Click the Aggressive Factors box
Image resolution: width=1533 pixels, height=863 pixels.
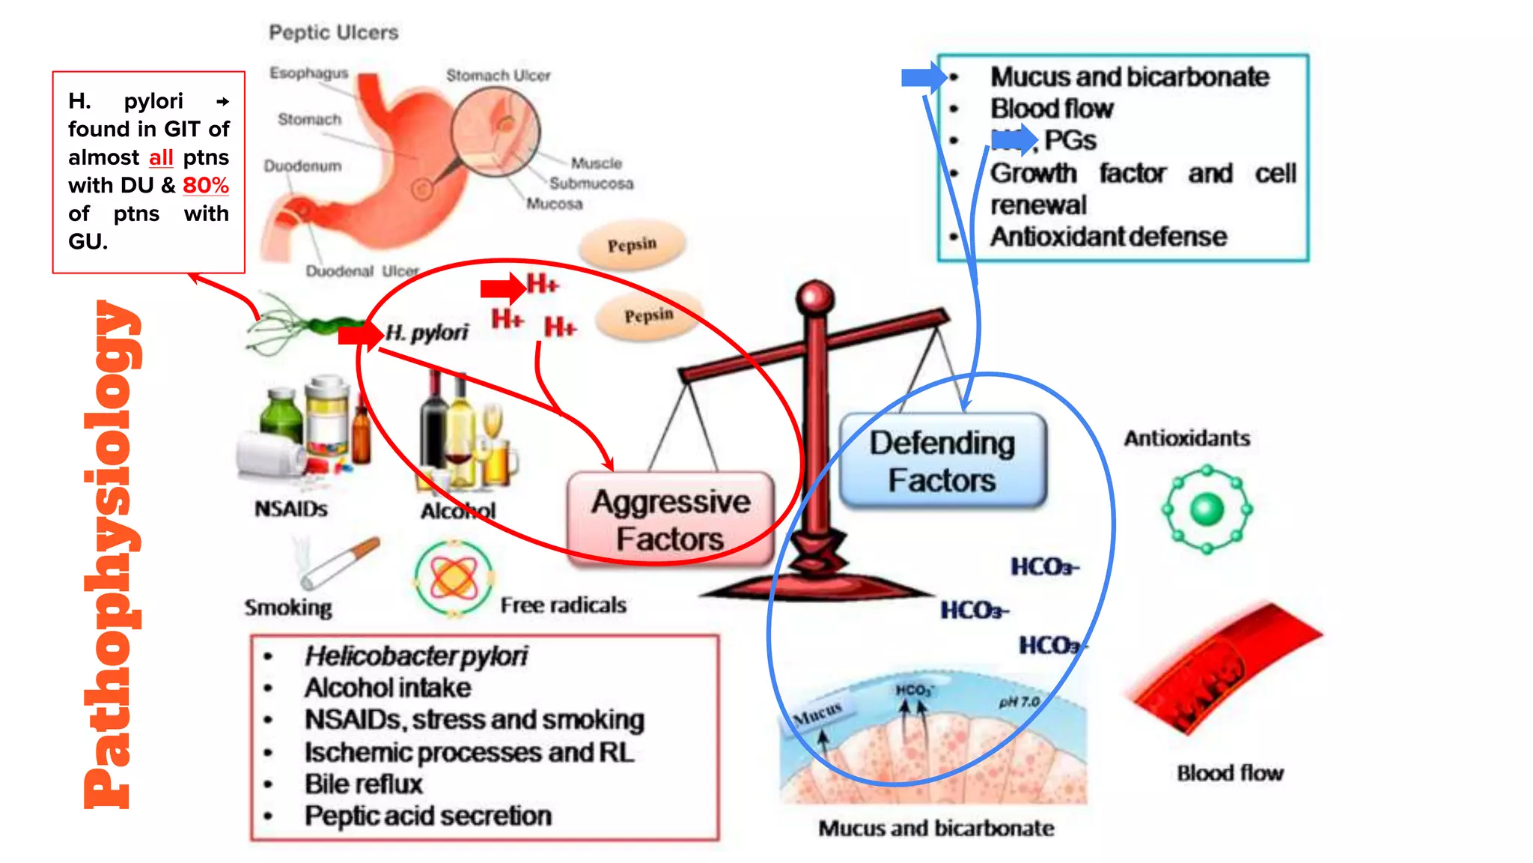coord(670,519)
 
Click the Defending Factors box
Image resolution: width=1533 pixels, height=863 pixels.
coord(942,461)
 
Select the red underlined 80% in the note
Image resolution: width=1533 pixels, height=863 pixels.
coord(206,185)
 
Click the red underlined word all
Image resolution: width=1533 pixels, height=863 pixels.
coord(161,157)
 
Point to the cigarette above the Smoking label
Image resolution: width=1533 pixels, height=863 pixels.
coord(341,562)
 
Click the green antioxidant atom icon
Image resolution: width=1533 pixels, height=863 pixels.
coord(1207,509)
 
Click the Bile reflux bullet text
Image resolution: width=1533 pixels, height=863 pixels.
coord(364,784)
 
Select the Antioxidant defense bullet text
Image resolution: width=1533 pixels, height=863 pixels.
coord(1109,237)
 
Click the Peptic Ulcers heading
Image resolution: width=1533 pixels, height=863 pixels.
coord(334,32)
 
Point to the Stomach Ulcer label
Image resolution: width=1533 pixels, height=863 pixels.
coord(498,76)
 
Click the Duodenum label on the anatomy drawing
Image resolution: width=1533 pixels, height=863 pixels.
coord(302,166)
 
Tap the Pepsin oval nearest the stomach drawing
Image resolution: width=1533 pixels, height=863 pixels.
coord(633,244)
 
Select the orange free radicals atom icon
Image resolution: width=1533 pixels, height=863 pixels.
coord(454,578)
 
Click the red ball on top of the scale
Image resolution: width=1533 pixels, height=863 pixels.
coord(815,297)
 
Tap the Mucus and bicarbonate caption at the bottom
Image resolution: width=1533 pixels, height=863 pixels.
coord(936,828)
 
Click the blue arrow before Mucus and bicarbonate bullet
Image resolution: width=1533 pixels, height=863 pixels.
coord(923,77)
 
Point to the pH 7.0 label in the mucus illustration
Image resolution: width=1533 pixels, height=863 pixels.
coord(1019,702)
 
